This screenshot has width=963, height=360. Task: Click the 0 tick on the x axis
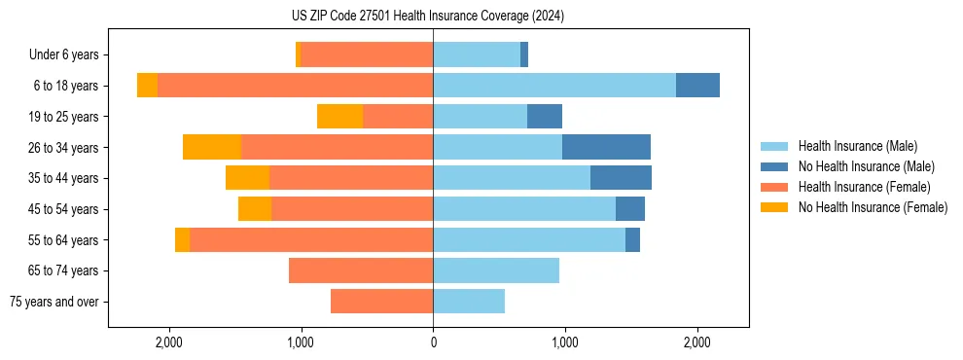(433, 342)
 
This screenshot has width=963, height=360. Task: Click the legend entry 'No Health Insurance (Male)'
(866, 166)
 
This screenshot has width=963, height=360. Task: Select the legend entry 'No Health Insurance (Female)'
(873, 207)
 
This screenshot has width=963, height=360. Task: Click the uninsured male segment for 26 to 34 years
(606, 147)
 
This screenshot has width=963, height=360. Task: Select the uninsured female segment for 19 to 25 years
(339, 117)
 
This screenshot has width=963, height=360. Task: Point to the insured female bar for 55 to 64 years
(311, 240)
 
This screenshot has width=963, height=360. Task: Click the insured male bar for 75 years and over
(469, 302)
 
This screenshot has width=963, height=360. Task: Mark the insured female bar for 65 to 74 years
(361, 270)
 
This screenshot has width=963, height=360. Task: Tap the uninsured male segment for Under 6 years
(524, 54)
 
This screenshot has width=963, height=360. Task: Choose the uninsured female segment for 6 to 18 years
(147, 86)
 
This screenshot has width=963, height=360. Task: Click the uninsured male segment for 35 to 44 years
(621, 178)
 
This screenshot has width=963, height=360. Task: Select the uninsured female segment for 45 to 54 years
(255, 209)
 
